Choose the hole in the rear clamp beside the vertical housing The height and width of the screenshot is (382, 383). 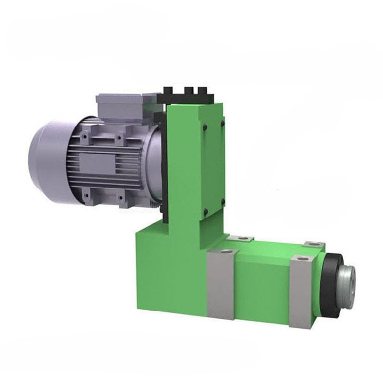coord(244,238)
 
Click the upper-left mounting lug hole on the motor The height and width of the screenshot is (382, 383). coord(85,136)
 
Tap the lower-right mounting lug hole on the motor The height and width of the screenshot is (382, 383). coord(120,197)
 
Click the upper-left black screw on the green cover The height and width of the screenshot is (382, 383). coord(204,127)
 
